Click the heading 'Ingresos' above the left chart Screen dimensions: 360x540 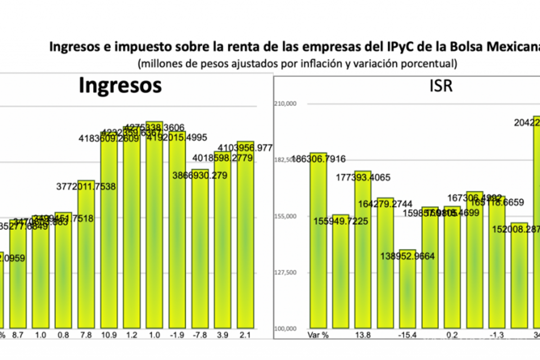120,85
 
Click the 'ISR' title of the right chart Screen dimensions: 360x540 441,85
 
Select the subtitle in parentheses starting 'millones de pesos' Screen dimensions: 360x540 297,64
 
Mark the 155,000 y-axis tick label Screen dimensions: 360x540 286,216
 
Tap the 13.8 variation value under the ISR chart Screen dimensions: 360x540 363,335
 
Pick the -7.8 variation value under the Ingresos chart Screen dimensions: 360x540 200,335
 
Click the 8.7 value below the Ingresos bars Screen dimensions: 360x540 18,335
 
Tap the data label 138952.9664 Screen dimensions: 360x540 407,256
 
